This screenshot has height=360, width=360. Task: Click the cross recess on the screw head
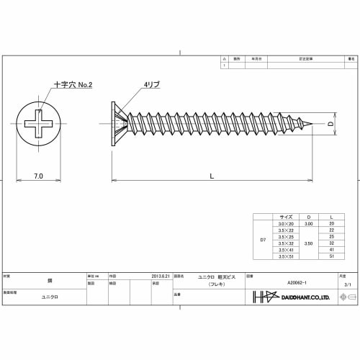[x=39, y=125]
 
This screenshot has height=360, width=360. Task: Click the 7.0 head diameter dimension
[x=38, y=176]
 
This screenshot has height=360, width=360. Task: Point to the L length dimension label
[x=211, y=176]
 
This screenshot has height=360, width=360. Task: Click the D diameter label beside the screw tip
[x=332, y=125]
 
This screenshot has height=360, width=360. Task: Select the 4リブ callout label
[x=152, y=85]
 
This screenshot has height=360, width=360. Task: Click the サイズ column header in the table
[x=286, y=217]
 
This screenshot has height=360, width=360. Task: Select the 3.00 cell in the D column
[x=308, y=224]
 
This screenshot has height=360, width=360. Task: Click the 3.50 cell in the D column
[x=308, y=243]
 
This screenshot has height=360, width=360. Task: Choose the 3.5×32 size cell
[x=286, y=243]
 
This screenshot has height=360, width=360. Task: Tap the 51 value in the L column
[x=331, y=256]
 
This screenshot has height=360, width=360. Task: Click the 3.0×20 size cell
[x=286, y=224]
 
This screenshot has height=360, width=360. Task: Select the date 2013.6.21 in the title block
[x=161, y=276]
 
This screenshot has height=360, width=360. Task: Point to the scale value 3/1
[x=348, y=285]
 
